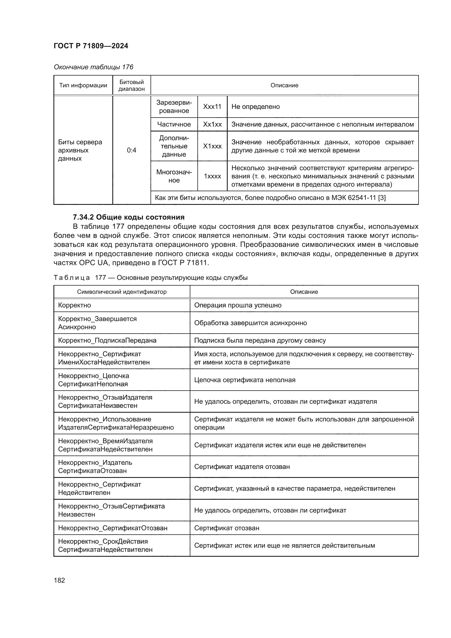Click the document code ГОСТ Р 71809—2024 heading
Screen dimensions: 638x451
coord(91,46)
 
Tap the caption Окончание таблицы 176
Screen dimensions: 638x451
coord(93,67)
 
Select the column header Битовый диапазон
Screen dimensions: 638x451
coord(131,85)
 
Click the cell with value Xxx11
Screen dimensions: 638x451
coord(212,107)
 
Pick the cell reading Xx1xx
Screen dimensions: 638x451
coord(212,124)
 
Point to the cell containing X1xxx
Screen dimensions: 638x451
coord(212,146)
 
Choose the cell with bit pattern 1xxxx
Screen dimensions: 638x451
coord(212,176)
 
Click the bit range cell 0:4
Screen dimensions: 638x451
coord(131,150)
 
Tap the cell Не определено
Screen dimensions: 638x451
coord(255,107)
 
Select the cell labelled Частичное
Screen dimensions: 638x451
coord(174,124)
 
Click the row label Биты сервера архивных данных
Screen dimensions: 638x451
coord(80,150)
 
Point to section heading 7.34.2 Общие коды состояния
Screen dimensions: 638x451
coord(129,217)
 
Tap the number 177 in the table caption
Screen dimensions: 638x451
coord(101,278)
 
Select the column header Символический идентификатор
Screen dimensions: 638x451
coord(122,292)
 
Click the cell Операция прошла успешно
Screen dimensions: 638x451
coord(238,305)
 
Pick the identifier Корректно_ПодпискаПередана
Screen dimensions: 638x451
coord(107,340)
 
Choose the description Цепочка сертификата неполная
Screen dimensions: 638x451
coord(245,380)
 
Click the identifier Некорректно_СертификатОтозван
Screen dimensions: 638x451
coord(113,528)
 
